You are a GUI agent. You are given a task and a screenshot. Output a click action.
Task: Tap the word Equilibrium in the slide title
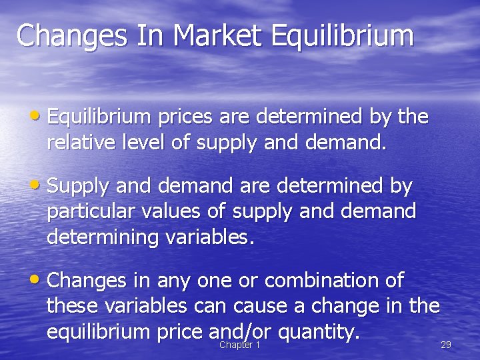(x=342, y=37)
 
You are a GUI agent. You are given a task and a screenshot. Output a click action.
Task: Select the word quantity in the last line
(x=319, y=330)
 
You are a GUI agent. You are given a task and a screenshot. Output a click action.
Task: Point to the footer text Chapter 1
(x=239, y=345)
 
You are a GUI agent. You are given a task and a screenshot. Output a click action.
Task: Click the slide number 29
(x=446, y=345)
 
